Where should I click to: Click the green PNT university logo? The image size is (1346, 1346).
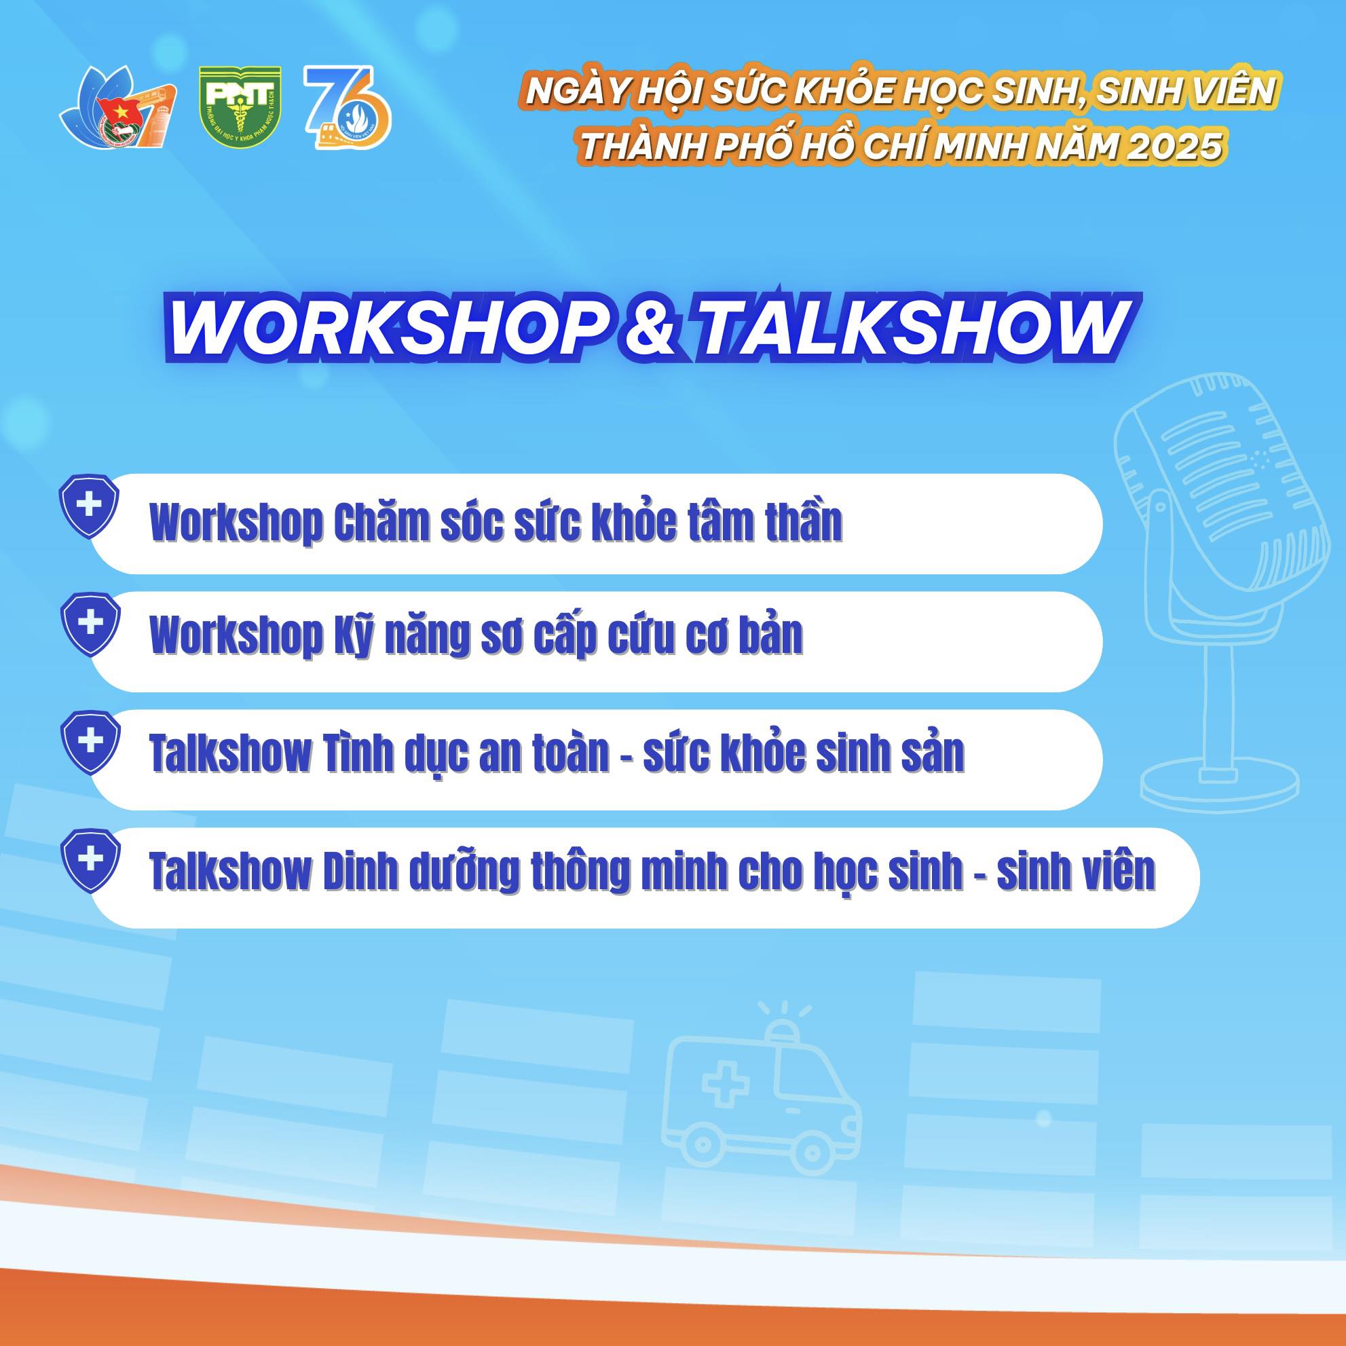240,107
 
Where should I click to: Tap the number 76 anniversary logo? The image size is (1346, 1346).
347,107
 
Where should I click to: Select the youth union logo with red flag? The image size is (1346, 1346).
117,107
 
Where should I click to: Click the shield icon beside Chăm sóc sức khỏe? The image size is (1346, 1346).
89,506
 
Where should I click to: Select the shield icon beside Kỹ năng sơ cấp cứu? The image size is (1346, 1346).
89,624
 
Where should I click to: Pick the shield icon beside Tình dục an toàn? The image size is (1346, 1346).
89,743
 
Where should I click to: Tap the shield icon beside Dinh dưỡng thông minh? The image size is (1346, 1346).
89,861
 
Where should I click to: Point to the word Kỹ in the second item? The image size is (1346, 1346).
352,635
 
